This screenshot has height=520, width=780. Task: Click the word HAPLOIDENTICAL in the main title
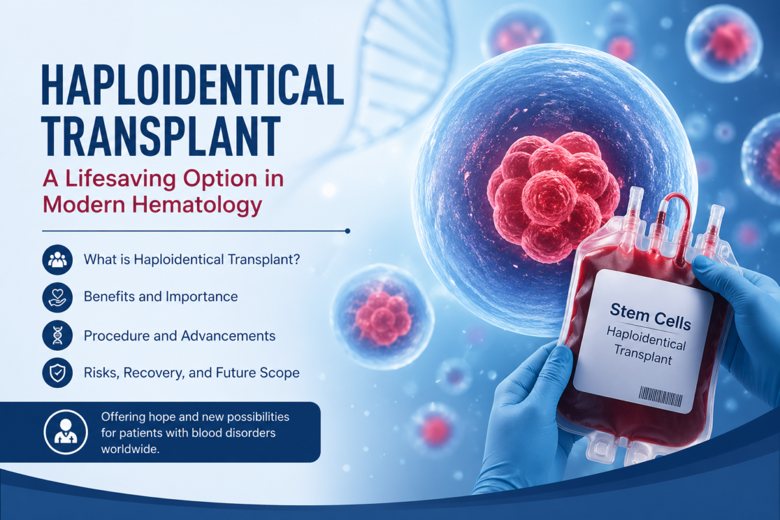(192, 84)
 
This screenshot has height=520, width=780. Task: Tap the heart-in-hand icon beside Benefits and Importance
(55, 297)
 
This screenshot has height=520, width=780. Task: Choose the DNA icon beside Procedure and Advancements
(55, 335)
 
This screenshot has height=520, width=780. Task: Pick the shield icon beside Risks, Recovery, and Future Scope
(55, 372)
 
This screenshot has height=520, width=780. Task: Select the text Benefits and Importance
(161, 297)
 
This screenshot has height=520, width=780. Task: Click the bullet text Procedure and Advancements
(179, 335)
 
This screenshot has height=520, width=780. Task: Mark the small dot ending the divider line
(348, 230)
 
